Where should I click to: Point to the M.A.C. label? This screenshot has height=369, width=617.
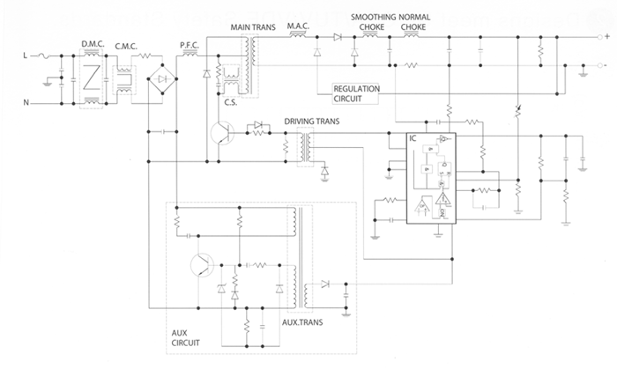point(299,26)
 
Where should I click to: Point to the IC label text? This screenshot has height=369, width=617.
point(413,139)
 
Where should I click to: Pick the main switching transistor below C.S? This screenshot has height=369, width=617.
point(224,135)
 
